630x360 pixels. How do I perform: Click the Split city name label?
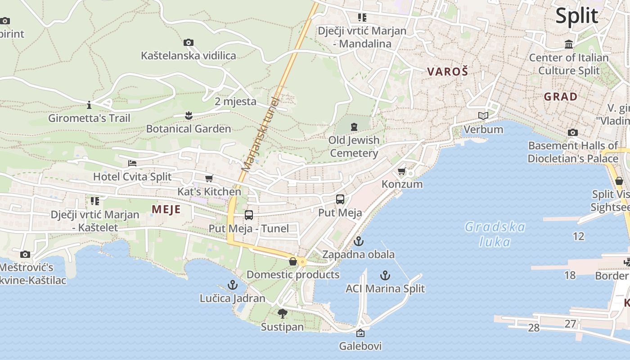[576, 16]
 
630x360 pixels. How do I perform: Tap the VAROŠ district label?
[447, 72]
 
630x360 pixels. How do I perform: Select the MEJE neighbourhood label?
[166, 209]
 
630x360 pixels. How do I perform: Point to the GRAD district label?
[560, 97]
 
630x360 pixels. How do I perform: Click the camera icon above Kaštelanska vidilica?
[189, 43]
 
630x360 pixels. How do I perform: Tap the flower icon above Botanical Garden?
[189, 116]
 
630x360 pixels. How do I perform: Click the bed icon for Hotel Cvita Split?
[132, 163]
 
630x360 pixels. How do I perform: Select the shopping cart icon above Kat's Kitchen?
[209, 179]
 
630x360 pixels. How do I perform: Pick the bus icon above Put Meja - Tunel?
[249, 215]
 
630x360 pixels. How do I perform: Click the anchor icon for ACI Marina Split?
[385, 275]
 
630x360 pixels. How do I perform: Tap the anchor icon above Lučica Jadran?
[232, 285]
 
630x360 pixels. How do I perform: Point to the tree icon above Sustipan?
[283, 314]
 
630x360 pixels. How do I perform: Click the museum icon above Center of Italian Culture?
[569, 45]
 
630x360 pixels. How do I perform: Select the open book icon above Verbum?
[483, 116]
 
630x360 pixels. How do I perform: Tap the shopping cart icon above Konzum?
[402, 171]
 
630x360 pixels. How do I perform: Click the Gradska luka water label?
[495, 234]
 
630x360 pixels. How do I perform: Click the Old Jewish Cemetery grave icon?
[354, 126]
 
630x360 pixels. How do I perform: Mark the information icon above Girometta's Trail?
[89, 105]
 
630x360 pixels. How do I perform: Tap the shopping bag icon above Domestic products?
[293, 261]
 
